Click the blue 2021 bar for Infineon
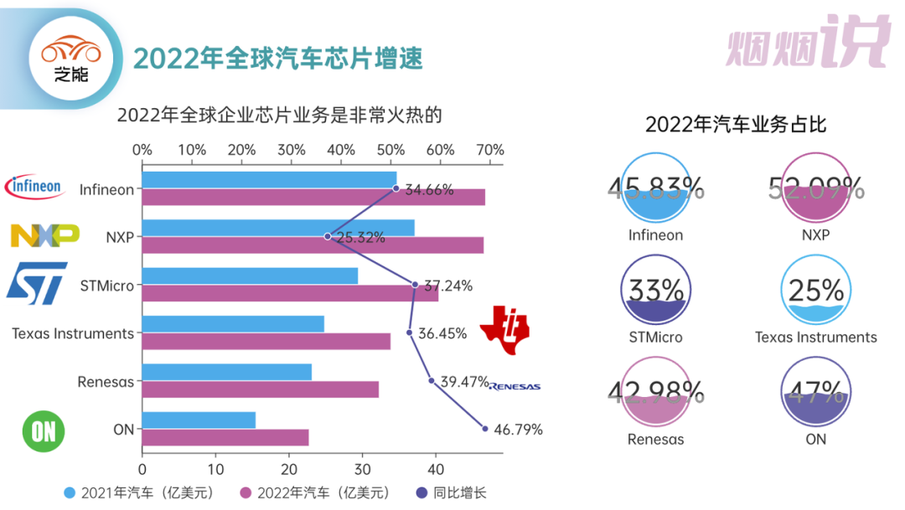pos(269,180)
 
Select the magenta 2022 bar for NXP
pos(313,245)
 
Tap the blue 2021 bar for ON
pos(199,420)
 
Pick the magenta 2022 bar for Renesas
pos(260,389)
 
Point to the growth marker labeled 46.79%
pos(484,428)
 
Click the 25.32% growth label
pos(361,238)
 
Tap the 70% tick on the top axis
pos(490,150)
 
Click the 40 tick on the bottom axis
pos(434,469)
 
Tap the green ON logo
pos(43,430)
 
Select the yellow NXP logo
pos(44,236)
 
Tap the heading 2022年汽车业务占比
pos(736,125)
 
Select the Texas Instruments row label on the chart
pos(73,333)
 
